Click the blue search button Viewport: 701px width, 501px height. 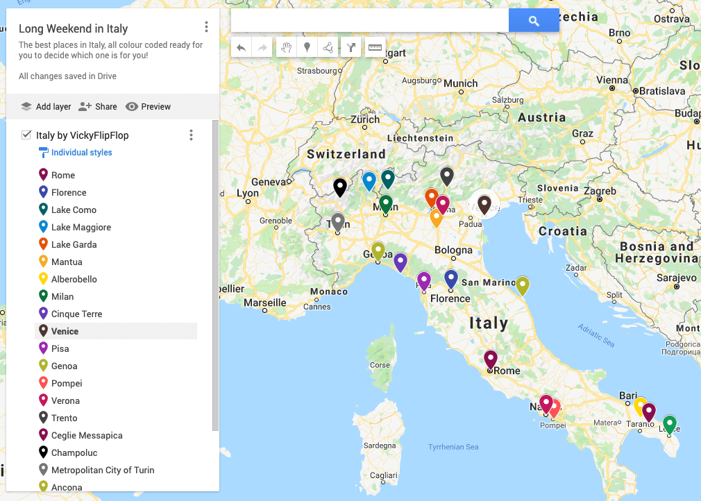pyautogui.click(x=534, y=21)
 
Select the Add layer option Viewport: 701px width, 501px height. pyautogui.click(x=46, y=107)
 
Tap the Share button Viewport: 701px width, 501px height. pyautogui.click(x=98, y=107)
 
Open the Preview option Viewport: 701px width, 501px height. pyautogui.click(x=149, y=107)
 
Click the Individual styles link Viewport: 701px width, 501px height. pyautogui.click(x=81, y=153)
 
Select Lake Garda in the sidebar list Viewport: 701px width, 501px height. pyautogui.click(x=74, y=244)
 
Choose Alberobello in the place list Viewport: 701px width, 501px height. pyautogui.click(x=74, y=279)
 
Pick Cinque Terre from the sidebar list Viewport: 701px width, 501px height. pyautogui.click(x=76, y=314)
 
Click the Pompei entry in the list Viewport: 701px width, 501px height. pyautogui.click(x=67, y=383)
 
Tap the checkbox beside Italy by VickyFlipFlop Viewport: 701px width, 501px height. pyautogui.click(x=26, y=135)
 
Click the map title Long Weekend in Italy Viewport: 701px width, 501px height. pyautogui.click(x=73, y=28)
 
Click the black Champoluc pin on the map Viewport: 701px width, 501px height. pyautogui.click(x=339, y=187)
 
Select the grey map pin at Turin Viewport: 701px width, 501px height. pyautogui.click(x=338, y=221)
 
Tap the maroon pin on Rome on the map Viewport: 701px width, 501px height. pyautogui.click(x=491, y=359)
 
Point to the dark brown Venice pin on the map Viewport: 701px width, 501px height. pyautogui.click(x=484, y=204)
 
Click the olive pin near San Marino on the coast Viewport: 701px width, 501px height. pyautogui.click(x=523, y=285)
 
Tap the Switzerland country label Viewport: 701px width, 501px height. pyautogui.click(x=346, y=154)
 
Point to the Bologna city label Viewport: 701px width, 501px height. pyautogui.click(x=453, y=250)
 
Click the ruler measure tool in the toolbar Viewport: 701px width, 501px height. pyautogui.click(x=375, y=47)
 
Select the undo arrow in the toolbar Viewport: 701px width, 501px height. pyautogui.click(x=241, y=47)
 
